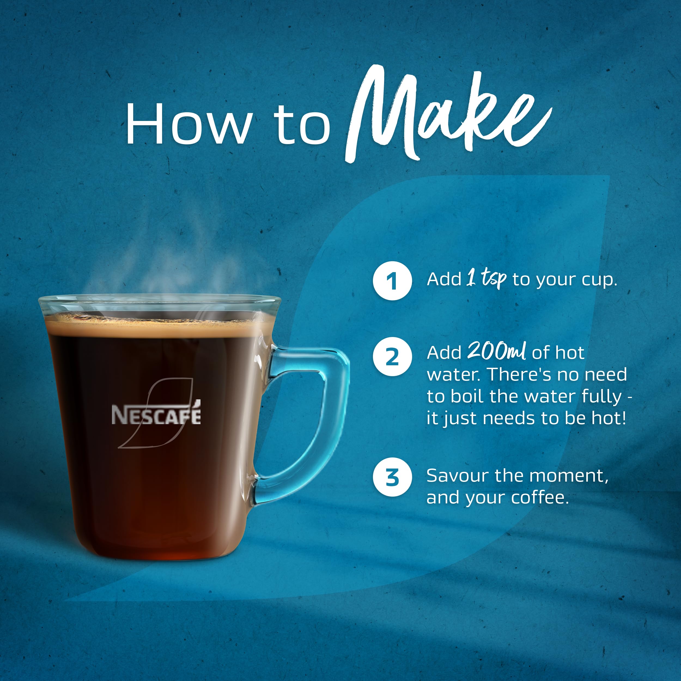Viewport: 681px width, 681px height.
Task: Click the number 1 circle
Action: coord(392,281)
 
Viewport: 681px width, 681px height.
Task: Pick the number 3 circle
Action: coord(392,477)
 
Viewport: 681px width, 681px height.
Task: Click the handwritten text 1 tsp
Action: coord(487,278)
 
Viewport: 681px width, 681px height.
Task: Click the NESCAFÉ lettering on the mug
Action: coord(156,415)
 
